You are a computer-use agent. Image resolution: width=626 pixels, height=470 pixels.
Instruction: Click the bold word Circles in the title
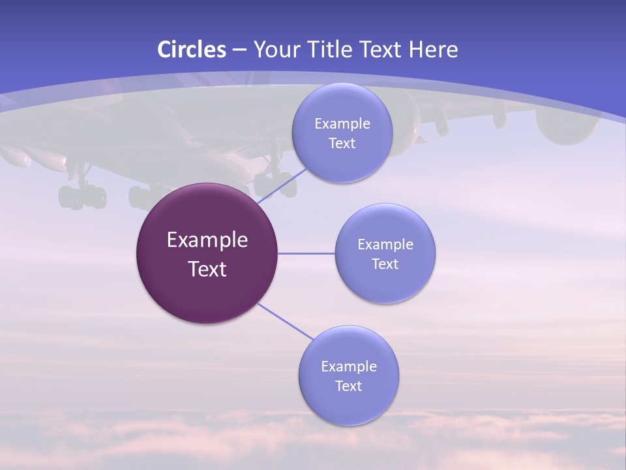click(192, 50)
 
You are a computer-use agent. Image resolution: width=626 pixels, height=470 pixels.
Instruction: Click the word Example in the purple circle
click(207, 240)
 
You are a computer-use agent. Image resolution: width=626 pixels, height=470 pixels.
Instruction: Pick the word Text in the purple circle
click(207, 269)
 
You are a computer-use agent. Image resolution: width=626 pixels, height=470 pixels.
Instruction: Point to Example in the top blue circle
click(342, 124)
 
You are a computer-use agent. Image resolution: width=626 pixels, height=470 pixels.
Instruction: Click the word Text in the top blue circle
click(342, 144)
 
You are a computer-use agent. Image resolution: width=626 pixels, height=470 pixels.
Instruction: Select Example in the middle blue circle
click(385, 245)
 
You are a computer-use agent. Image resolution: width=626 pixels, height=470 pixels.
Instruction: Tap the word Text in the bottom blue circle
click(348, 386)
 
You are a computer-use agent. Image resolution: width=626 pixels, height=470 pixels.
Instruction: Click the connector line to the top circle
click(282, 185)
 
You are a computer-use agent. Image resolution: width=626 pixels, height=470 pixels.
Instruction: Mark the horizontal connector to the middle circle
click(306, 253)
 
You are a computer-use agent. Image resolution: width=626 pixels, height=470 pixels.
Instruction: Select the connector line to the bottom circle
click(285, 321)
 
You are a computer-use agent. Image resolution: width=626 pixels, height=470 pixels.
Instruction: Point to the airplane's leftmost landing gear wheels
click(82, 196)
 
